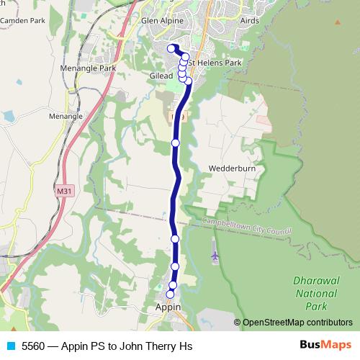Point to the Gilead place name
[161, 76]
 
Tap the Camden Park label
[22, 22]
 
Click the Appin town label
[168, 307]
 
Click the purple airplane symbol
[215, 255]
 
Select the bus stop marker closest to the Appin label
[171, 294]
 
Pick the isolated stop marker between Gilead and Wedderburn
[176, 143]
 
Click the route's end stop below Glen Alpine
[171, 48]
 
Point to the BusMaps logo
[324, 346]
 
